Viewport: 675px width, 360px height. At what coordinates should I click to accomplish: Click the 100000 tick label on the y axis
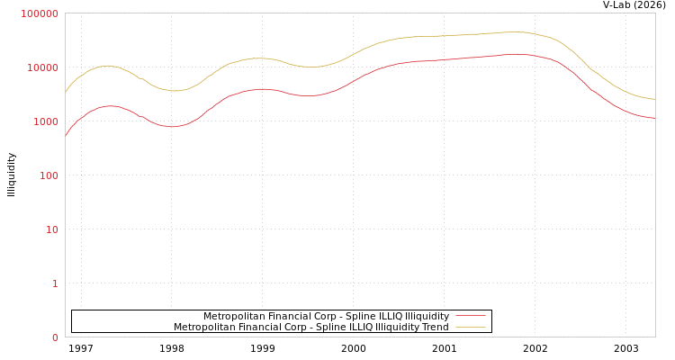coord(40,13)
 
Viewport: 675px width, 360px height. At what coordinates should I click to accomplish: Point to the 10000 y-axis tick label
coord(42,67)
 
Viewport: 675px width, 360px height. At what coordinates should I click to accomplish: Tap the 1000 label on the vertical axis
coord(45,121)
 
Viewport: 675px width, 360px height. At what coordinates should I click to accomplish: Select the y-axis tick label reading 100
coord(48,175)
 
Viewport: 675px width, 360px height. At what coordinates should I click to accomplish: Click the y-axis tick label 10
coord(51,229)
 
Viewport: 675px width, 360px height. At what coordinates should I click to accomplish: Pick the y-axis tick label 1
coord(55,283)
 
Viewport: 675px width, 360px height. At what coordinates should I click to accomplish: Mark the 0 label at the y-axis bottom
coord(55,337)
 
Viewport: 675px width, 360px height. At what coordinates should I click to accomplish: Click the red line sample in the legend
coord(470,316)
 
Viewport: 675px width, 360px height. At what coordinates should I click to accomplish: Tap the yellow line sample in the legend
coord(470,327)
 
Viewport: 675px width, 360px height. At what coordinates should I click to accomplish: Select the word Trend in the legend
coord(433,327)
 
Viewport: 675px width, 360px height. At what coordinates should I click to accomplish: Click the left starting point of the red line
coord(65,137)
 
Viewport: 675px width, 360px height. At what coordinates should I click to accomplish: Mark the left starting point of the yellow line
coord(65,92)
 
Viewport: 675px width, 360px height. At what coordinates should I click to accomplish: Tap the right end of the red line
coord(655,118)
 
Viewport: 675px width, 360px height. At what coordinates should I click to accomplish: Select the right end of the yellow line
coord(655,99)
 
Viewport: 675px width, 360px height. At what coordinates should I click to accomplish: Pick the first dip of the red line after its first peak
coord(172,126)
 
